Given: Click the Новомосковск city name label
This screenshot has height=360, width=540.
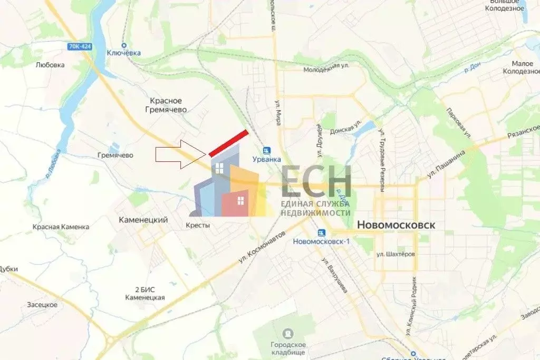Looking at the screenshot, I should click(x=396, y=225).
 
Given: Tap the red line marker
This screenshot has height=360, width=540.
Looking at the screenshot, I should click(x=228, y=143).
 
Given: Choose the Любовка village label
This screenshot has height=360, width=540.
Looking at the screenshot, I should click(x=50, y=65).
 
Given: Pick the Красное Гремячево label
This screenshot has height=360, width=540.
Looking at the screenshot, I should click(x=166, y=105).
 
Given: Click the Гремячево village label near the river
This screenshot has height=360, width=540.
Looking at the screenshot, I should click(x=115, y=155).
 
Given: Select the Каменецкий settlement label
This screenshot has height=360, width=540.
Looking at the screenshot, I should click(x=143, y=220).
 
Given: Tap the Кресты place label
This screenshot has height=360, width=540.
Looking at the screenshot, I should click(x=198, y=225).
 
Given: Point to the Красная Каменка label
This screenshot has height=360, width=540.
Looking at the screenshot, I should click(x=61, y=227).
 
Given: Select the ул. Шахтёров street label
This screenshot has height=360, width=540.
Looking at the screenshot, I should click(x=396, y=254).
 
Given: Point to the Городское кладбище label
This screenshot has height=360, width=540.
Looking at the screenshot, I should click(x=288, y=348).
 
